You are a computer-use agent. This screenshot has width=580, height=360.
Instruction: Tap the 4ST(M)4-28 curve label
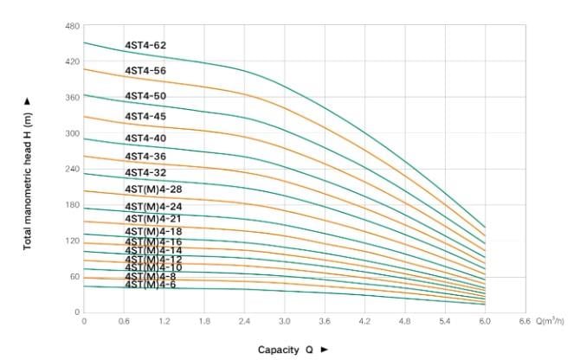click(x=153, y=189)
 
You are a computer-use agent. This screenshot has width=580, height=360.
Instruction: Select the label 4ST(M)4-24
click(x=153, y=207)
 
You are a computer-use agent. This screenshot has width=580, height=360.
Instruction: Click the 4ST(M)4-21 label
click(x=153, y=219)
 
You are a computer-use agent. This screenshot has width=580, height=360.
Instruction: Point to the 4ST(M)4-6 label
click(x=151, y=284)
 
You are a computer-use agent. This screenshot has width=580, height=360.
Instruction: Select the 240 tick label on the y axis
click(x=73, y=169)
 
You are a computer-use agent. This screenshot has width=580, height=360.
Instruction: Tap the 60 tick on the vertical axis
click(x=74, y=276)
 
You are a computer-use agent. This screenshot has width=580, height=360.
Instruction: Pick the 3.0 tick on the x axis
click(x=285, y=322)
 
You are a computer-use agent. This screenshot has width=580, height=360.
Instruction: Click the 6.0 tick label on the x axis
click(x=485, y=322)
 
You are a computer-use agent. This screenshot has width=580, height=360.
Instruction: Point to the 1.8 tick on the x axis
click(x=204, y=322)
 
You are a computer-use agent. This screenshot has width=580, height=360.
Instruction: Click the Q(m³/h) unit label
click(x=549, y=322)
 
